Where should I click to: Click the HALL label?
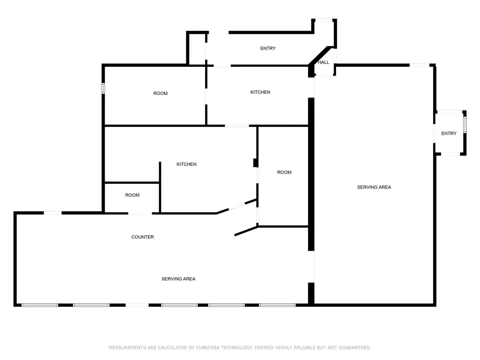click(x=323, y=62)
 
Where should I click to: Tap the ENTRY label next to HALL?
click(x=268, y=48)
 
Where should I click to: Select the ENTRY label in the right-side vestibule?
click(x=448, y=133)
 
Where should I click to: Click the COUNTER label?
click(x=142, y=237)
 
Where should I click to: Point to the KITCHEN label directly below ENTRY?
click(x=260, y=92)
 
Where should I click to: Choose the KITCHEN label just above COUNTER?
click(x=186, y=164)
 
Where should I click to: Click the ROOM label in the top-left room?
click(x=160, y=93)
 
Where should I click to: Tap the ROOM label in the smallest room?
click(x=132, y=195)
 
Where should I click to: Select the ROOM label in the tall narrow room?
click(x=284, y=172)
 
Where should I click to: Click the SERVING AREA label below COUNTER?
click(x=178, y=279)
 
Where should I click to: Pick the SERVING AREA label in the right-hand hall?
click(x=374, y=187)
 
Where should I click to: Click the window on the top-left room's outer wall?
click(x=103, y=88)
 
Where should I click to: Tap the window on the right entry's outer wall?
click(x=465, y=125)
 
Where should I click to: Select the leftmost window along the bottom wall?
click(x=40, y=305)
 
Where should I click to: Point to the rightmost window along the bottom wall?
click(x=277, y=305)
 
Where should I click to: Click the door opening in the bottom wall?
click(x=137, y=305)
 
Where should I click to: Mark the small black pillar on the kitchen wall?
click(x=255, y=163)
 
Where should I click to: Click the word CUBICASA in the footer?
click(x=208, y=347)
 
